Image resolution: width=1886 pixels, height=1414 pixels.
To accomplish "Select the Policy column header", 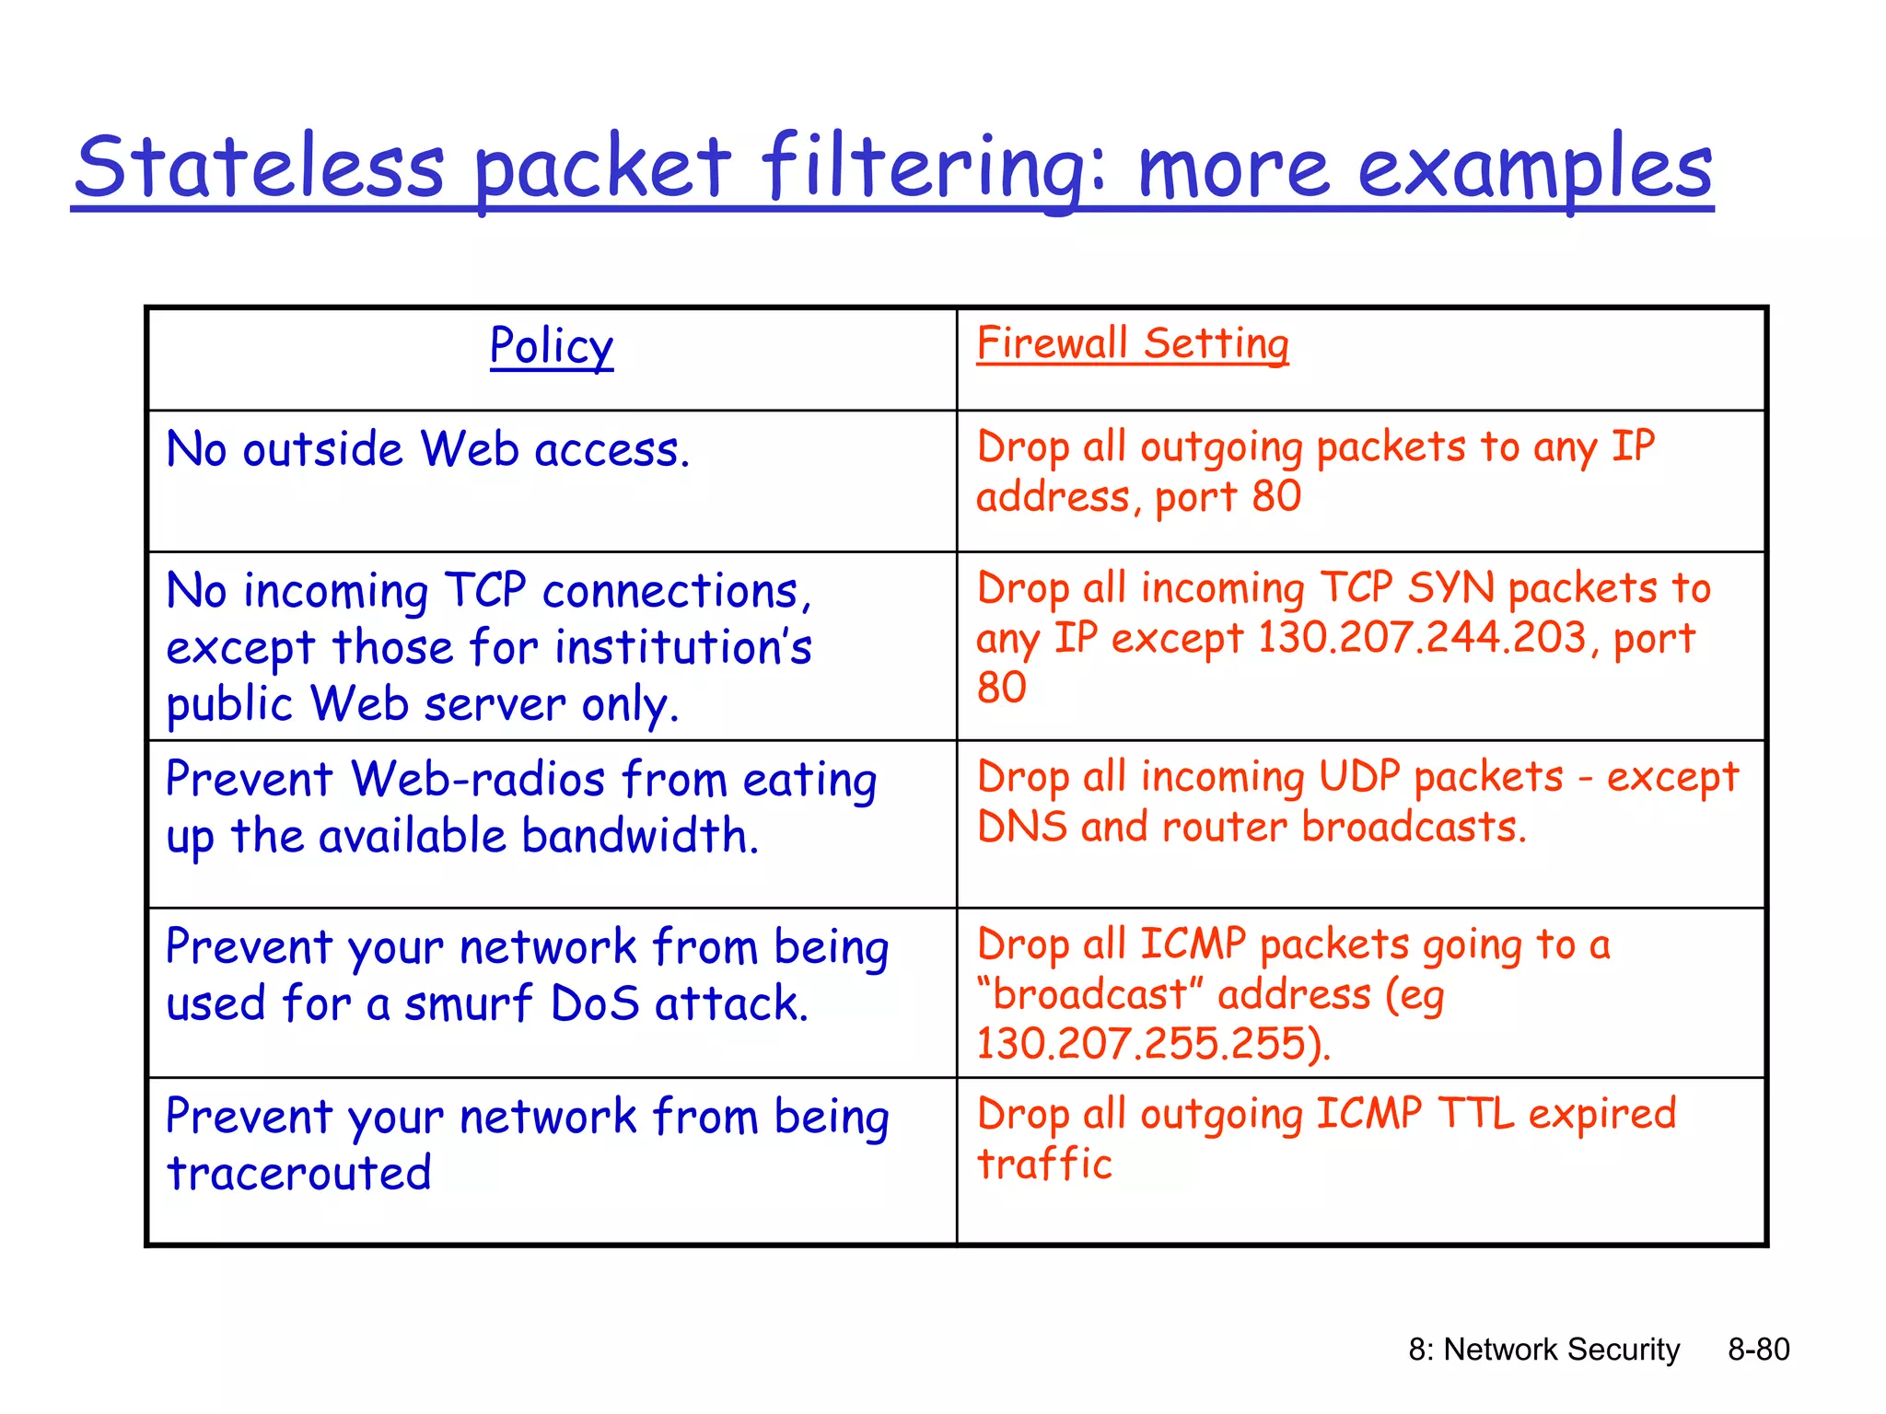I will (x=552, y=346).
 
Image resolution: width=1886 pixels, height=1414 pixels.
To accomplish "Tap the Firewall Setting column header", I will (x=1132, y=343).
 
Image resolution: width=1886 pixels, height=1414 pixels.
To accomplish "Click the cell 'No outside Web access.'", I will (x=427, y=450).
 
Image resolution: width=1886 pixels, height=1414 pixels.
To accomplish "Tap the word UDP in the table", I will (x=1359, y=776).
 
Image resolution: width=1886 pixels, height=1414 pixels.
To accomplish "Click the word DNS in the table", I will (x=1021, y=826).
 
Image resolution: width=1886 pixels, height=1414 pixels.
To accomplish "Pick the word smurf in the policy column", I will (x=468, y=1003).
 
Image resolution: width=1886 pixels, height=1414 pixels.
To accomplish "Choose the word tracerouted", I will (x=299, y=1173).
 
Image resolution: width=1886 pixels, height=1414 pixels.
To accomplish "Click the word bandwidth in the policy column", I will (x=639, y=836).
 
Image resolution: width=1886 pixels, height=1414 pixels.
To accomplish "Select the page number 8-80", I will (x=1758, y=1349).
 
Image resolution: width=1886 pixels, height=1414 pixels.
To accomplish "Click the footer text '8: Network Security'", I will (x=1543, y=1349).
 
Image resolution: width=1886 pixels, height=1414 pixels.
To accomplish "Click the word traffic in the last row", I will (x=1044, y=1164).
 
